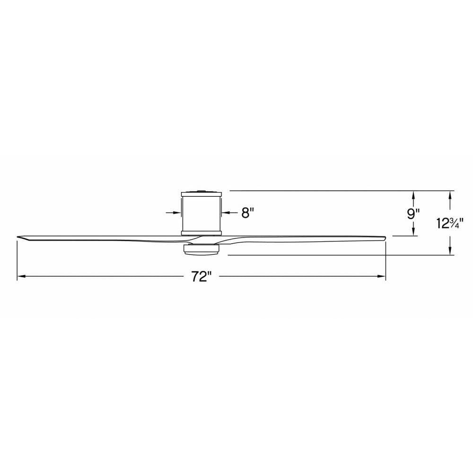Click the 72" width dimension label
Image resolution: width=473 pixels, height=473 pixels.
pyautogui.click(x=201, y=276)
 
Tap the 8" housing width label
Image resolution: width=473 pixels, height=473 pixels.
pyautogui.click(x=247, y=213)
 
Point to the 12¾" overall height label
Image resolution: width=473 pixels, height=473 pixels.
pyautogui.click(x=449, y=224)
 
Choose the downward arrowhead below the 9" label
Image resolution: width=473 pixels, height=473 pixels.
pyautogui.click(x=413, y=232)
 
